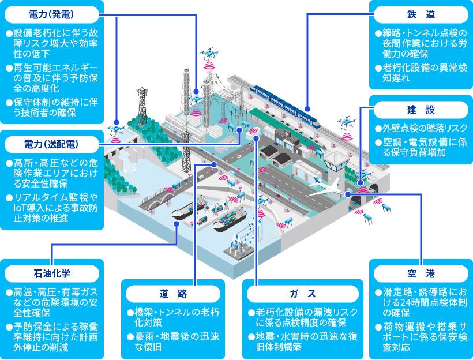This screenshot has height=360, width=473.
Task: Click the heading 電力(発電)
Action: (x=52, y=12)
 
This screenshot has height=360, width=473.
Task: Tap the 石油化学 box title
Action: (x=51, y=272)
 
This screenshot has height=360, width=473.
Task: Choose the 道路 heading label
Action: (x=173, y=292)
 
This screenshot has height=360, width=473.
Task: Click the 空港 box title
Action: (x=420, y=272)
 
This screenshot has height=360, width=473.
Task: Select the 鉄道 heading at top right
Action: (x=420, y=13)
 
